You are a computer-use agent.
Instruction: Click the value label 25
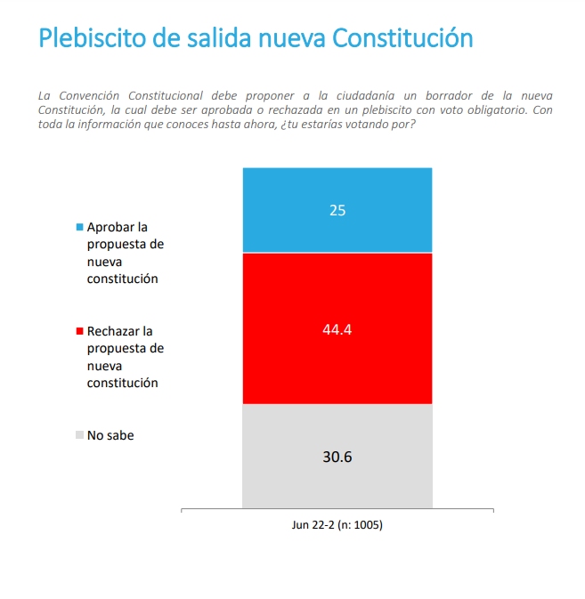337,211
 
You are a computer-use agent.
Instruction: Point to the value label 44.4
337,328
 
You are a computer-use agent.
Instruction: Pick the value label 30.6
337,457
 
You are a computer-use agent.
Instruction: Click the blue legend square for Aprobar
80,228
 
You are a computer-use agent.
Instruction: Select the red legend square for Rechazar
80,332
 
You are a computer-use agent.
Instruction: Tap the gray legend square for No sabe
80,436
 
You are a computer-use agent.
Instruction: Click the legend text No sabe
110,436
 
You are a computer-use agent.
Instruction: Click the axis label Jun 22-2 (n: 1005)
337,525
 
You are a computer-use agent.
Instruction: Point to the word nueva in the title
291,38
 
